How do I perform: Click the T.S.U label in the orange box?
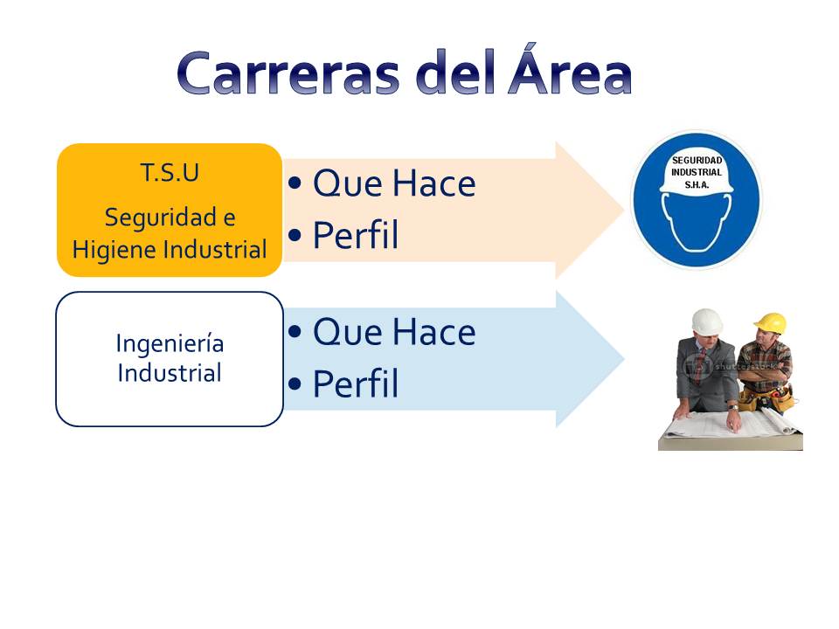[x=170, y=173]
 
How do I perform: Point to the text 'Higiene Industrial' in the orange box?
[x=170, y=250]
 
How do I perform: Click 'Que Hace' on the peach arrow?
[x=393, y=184]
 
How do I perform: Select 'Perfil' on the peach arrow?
[x=355, y=236]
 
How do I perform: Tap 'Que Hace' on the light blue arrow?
[x=393, y=332]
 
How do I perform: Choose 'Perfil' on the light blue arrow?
[x=355, y=384]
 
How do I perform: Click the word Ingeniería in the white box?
[x=170, y=343]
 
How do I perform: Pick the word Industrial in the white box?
[x=170, y=373]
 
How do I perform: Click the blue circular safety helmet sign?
[x=697, y=200]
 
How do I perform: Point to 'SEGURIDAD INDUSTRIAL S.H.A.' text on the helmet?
[x=697, y=172]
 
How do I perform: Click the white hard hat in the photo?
[x=706, y=321]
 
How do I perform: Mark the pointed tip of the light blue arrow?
[x=622, y=359]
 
